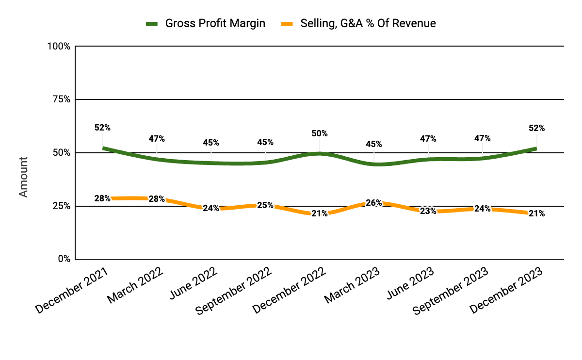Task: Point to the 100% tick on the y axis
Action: (60, 47)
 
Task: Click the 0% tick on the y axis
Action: (64, 259)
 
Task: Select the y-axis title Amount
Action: (23, 177)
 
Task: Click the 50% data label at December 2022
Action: (320, 133)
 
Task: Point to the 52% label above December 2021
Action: (102, 128)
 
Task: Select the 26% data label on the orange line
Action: (374, 203)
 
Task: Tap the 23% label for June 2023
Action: (428, 211)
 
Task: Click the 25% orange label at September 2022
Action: (265, 205)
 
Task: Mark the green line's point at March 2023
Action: (374, 164)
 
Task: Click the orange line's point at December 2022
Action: (320, 214)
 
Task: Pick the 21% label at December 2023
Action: (536, 213)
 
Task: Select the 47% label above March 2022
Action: (157, 139)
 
